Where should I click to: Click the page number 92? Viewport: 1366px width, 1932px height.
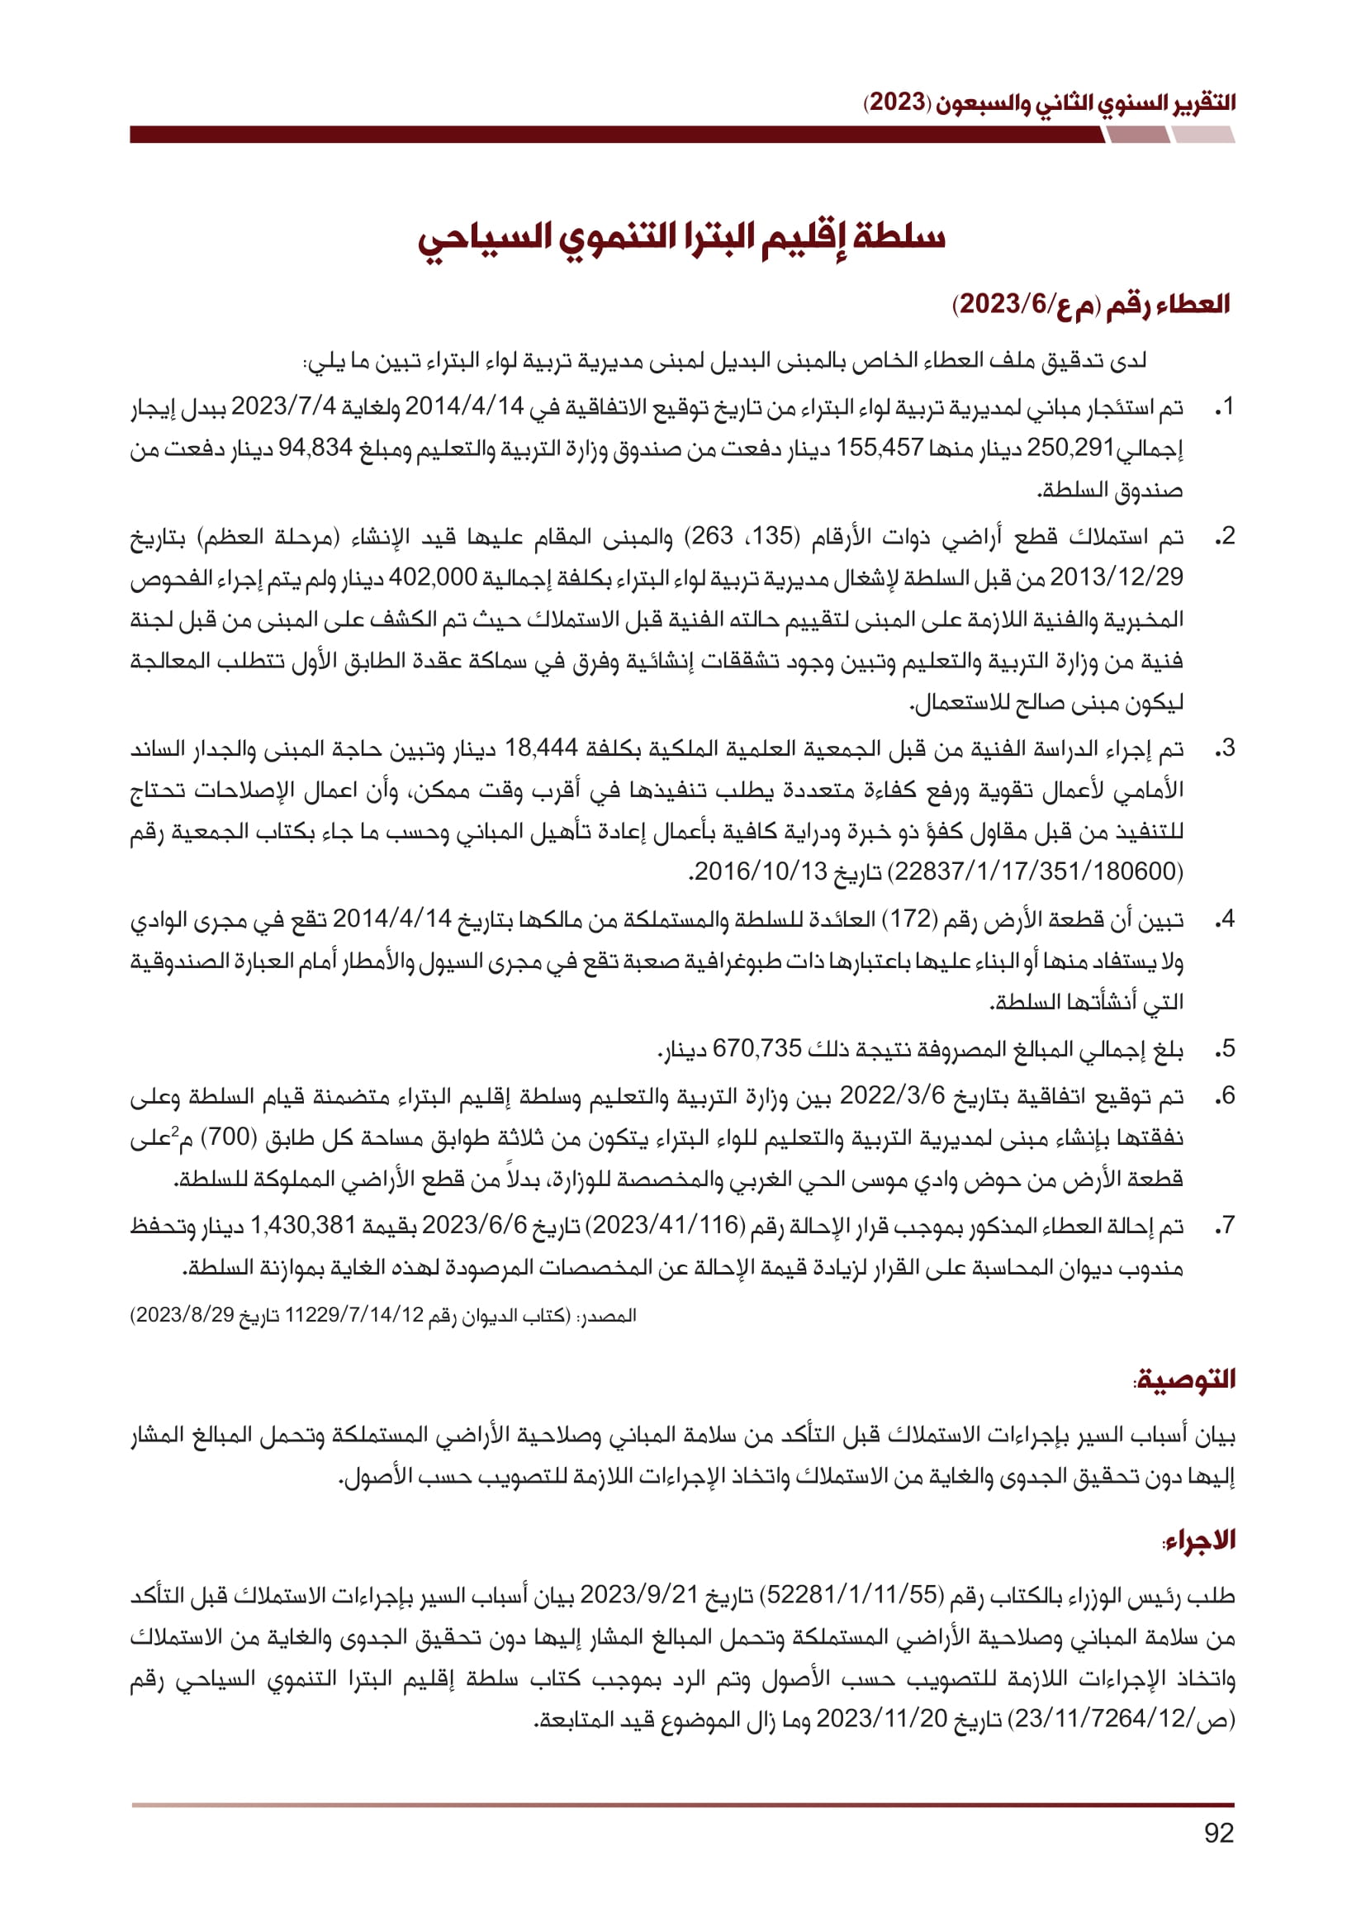(1219, 1833)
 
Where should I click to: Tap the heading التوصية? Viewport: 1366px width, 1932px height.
(1184, 1379)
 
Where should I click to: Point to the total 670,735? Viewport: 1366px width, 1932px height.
(757, 1048)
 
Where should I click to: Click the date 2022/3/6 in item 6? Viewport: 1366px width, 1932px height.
(893, 1095)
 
